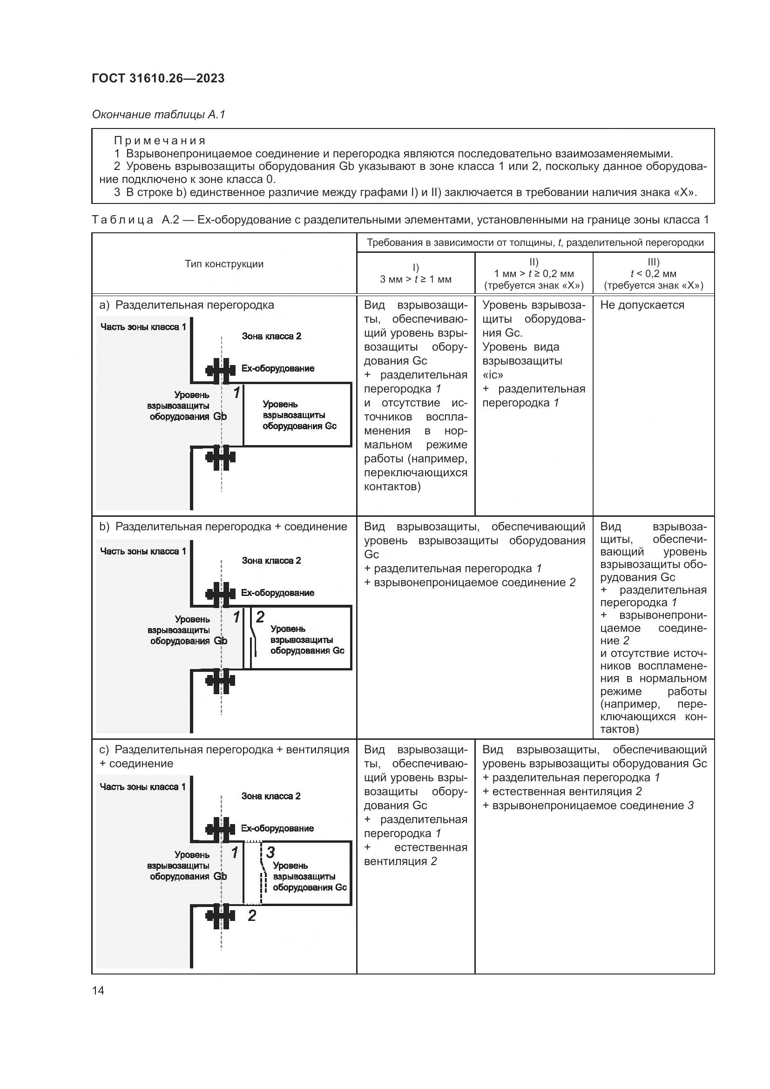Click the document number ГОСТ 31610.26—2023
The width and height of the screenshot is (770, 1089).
[158, 78]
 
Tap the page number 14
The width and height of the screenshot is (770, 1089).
[98, 990]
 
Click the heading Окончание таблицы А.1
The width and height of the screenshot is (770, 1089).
[158, 115]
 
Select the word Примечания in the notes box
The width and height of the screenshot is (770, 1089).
[160, 141]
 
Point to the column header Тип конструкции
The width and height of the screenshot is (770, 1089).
[224, 264]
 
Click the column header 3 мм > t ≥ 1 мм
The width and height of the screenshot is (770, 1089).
[415, 279]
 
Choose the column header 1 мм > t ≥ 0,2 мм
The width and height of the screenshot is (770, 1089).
[534, 274]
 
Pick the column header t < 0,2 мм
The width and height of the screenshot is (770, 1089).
[653, 274]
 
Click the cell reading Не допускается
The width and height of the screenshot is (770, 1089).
[642, 305]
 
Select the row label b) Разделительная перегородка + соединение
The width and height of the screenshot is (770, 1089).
[223, 527]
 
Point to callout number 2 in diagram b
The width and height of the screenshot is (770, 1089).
[260, 616]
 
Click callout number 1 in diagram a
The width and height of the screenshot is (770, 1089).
[236, 392]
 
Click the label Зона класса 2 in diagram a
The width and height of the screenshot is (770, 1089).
[271, 336]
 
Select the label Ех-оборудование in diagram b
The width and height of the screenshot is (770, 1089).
[277, 593]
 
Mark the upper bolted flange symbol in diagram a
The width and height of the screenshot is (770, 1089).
[221, 371]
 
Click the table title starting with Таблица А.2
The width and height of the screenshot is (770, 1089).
[400, 220]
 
